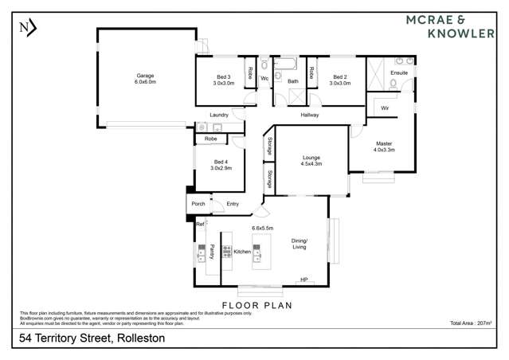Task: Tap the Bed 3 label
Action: [x=223, y=79]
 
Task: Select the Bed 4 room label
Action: [x=221, y=164]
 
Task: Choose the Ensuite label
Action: [x=399, y=72]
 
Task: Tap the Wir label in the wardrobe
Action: [x=384, y=108]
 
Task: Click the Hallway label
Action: [x=310, y=115]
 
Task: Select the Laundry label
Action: [x=220, y=115]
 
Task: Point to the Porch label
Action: [x=198, y=204]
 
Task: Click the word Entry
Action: [x=233, y=204]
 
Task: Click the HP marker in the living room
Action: [x=303, y=280]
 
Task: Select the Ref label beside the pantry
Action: [x=200, y=224]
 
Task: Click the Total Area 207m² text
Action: [x=472, y=323]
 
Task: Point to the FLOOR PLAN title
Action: [x=256, y=305]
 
